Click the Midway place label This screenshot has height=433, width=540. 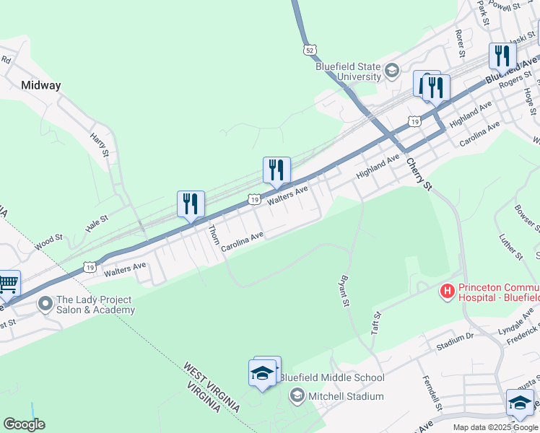click(41, 85)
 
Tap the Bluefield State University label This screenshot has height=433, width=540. click(348, 71)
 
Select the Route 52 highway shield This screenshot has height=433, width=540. click(309, 50)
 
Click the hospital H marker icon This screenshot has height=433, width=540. click(448, 292)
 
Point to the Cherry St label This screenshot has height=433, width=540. click(418, 175)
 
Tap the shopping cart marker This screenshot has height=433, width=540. click(9, 284)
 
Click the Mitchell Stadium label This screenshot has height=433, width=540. click(345, 396)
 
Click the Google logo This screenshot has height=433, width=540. click(24, 424)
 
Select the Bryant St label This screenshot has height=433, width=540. click(344, 289)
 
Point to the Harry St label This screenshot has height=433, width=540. click(99, 144)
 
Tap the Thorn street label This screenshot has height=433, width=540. click(214, 234)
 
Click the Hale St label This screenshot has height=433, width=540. click(96, 222)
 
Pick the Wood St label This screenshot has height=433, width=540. click(49, 238)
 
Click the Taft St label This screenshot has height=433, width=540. click(375, 320)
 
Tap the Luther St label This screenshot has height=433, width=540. click(510, 246)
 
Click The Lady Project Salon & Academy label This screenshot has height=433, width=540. click(95, 305)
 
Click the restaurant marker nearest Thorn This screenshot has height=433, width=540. click(191, 204)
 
